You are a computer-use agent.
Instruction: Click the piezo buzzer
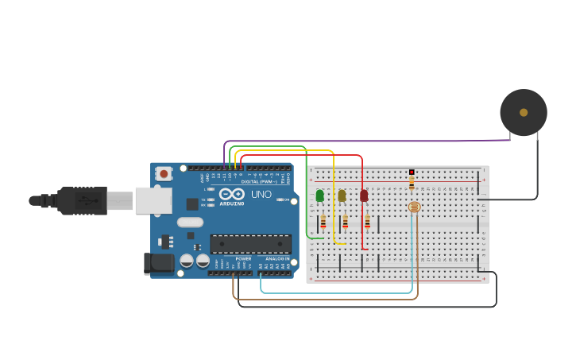pyautogui.click(x=523, y=112)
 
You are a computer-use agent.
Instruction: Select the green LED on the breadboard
pyautogui.click(x=320, y=195)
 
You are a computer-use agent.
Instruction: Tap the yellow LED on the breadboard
pyautogui.click(x=342, y=195)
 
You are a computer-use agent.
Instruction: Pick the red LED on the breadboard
pyautogui.click(x=364, y=195)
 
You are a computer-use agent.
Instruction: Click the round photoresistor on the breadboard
pyautogui.click(x=414, y=207)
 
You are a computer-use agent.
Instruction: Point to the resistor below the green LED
pyautogui.click(x=323, y=222)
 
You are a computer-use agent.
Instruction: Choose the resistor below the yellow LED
pyautogui.click(x=345, y=222)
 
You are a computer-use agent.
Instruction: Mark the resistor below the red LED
pyautogui.click(x=367, y=222)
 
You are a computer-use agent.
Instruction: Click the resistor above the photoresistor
pyautogui.click(x=412, y=184)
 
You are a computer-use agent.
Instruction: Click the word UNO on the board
pyautogui.click(x=261, y=194)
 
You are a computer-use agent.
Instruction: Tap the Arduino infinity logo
pyautogui.click(x=232, y=193)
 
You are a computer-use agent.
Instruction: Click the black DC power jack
pyautogui.click(x=158, y=264)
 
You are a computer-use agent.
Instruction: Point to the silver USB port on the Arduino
pyautogui.click(x=153, y=200)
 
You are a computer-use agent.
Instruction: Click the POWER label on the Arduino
pyautogui.click(x=243, y=258)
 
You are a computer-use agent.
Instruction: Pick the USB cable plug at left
pyautogui.click(x=79, y=201)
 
